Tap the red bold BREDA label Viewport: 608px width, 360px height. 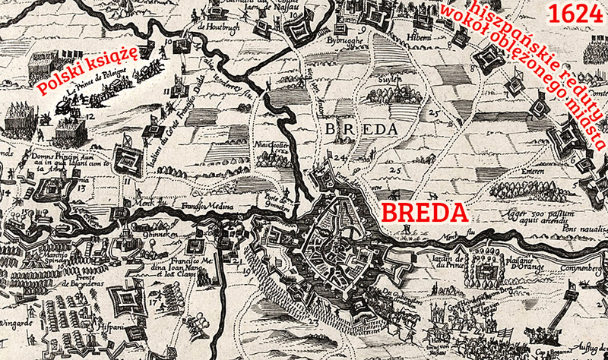(x=423, y=212)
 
